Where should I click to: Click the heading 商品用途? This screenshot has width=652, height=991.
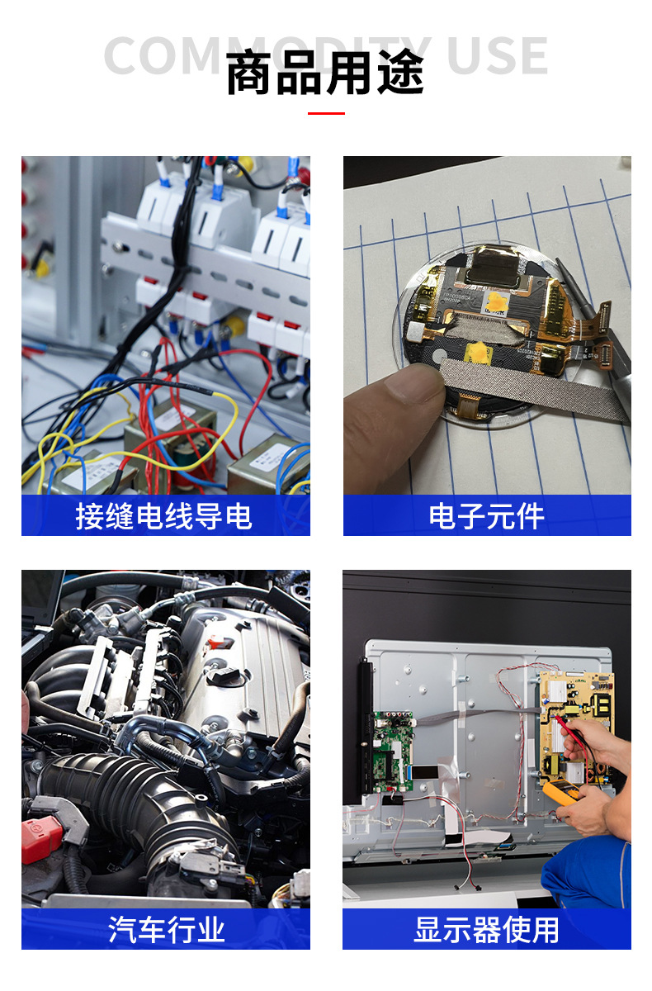325,73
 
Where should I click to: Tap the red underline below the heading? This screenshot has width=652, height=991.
326,113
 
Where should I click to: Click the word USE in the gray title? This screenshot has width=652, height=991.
498,56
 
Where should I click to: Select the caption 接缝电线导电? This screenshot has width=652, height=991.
163,516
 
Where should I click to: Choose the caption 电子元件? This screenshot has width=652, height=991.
486,516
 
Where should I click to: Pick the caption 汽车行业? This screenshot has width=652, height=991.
166,930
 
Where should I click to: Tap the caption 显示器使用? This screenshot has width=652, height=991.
486,930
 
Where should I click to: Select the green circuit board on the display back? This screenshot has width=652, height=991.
393,751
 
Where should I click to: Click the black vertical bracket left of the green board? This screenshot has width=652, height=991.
365,726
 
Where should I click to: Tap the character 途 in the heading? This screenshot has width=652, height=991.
401,73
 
